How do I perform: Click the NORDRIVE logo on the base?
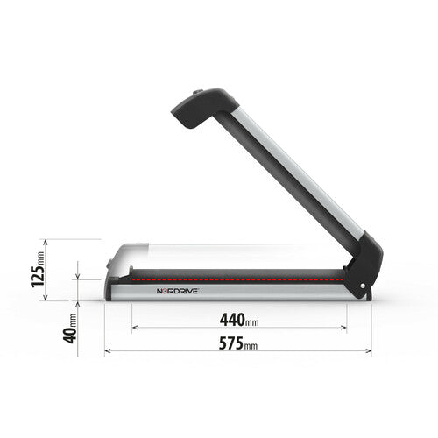coord(179,289)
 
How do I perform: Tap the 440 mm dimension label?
coord(239,319)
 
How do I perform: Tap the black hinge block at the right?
coord(367,266)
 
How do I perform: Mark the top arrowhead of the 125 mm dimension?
coord(78,242)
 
